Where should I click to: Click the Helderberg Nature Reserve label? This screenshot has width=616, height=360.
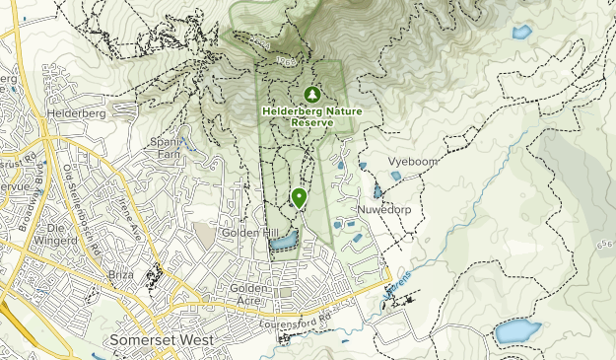(311, 116)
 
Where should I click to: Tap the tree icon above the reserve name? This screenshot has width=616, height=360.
(312, 95)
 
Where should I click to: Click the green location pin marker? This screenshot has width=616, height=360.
(299, 197)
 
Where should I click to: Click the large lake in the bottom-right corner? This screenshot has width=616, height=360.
(517, 331)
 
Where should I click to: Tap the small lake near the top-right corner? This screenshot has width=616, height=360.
(521, 33)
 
